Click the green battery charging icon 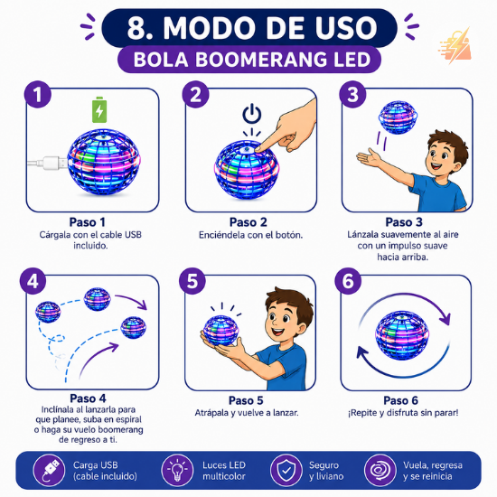coord(99,109)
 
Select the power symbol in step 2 coord(252,114)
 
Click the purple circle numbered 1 coord(38,95)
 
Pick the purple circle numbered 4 coord(33,281)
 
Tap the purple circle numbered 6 coord(348,281)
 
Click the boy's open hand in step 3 coord(369,157)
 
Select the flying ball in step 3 coord(399,117)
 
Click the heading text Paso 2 coord(248,222)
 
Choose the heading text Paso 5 coord(246,400)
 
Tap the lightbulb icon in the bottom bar coord(177,471)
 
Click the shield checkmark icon coord(286,471)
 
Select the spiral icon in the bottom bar coord(380,471)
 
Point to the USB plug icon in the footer coord(49,471)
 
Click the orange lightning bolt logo coord(455,46)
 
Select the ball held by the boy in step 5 coord(220,331)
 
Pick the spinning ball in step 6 coord(402,335)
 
